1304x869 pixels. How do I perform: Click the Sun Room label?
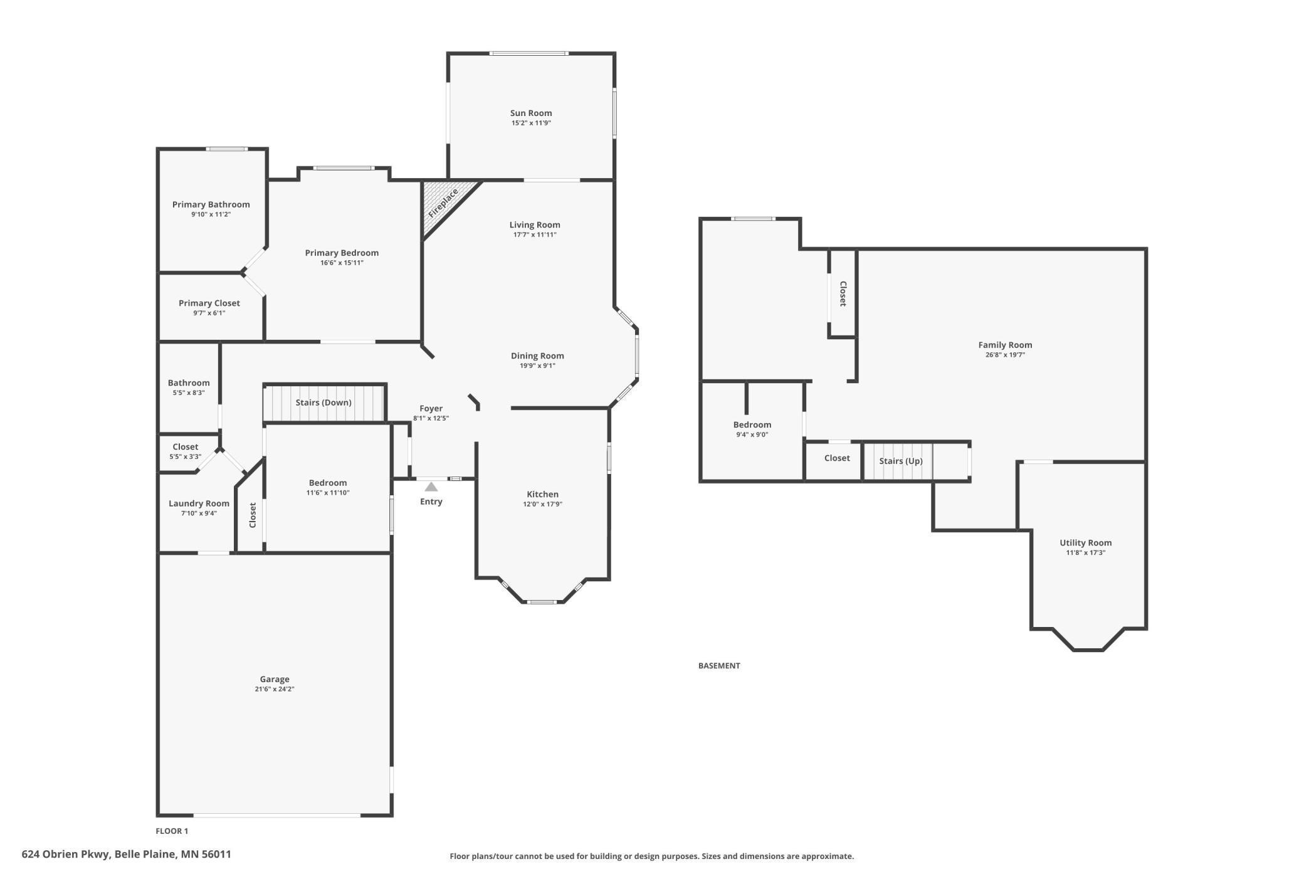pyautogui.click(x=530, y=113)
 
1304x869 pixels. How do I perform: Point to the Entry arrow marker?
pyautogui.click(x=431, y=487)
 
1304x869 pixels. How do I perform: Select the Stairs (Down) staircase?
pyautogui.click(x=323, y=403)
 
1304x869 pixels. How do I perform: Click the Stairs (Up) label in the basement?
pyautogui.click(x=900, y=461)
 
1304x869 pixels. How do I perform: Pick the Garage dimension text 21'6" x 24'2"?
pyautogui.click(x=275, y=689)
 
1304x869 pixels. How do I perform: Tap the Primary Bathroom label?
pyautogui.click(x=211, y=204)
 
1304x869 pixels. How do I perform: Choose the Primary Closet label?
pyautogui.click(x=209, y=303)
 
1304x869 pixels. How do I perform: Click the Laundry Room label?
pyautogui.click(x=199, y=503)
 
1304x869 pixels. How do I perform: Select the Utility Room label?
pyautogui.click(x=1085, y=543)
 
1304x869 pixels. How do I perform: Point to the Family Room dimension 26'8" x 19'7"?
pyautogui.click(x=1005, y=355)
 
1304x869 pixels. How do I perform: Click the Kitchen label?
pyautogui.click(x=542, y=494)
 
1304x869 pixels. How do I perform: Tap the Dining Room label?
pyautogui.click(x=537, y=356)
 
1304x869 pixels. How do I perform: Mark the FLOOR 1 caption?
pyautogui.click(x=172, y=831)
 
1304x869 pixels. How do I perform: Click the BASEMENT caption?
pyautogui.click(x=719, y=666)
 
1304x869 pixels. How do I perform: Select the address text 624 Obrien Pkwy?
pyautogui.click(x=66, y=854)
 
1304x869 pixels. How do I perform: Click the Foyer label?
pyautogui.click(x=431, y=409)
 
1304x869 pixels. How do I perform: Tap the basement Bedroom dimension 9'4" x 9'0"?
pyautogui.click(x=752, y=434)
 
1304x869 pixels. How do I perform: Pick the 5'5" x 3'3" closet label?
pyautogui.click(x=186, y=457)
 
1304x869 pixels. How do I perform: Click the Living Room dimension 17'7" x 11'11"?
pyautogui.click(x=535, y=235)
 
